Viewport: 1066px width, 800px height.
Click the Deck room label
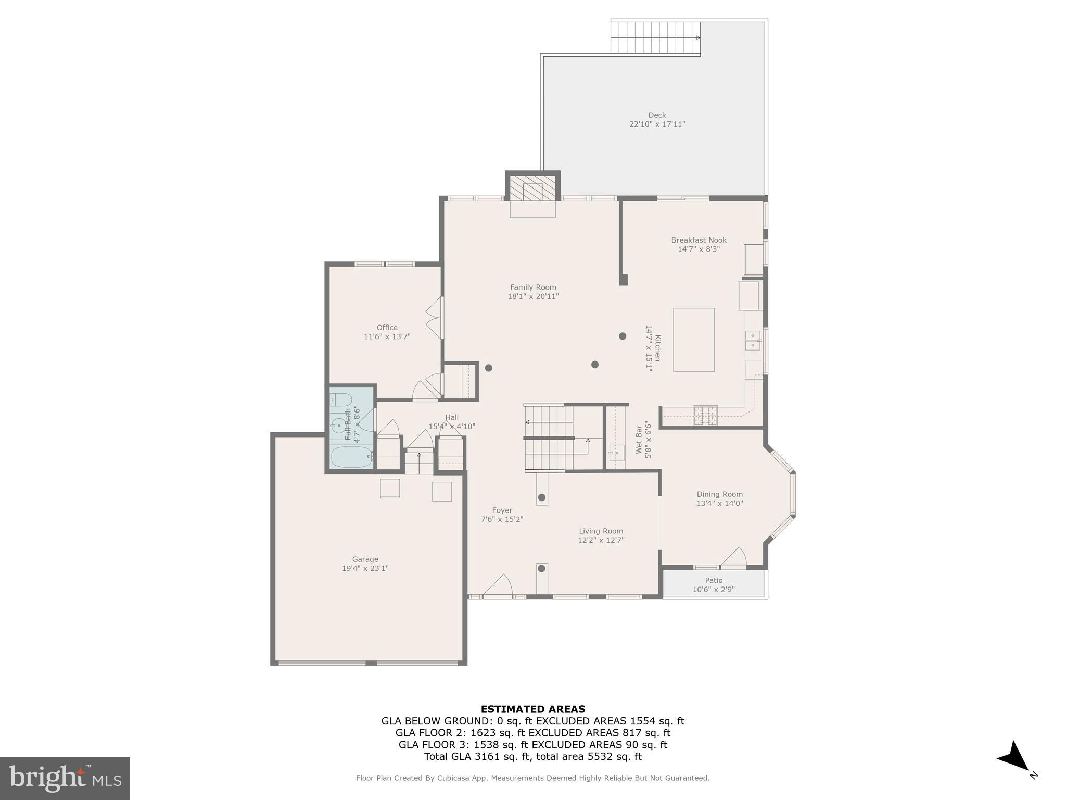[657, 115]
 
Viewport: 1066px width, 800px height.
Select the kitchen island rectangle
[693, 340]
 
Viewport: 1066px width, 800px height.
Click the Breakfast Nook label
[699, 240]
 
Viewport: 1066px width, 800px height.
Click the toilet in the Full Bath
[341, 399]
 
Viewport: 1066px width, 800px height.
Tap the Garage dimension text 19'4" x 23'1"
[365, 568]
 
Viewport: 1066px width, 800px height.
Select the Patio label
[714, 580]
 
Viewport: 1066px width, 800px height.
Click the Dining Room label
[719, 494]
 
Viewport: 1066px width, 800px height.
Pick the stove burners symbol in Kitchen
[705, 415]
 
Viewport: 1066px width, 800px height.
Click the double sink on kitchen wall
[752, 340]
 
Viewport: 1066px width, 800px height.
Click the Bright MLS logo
[65, 778]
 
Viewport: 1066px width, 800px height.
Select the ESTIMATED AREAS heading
[532, 709]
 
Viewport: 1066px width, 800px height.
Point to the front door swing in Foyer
[498, 585]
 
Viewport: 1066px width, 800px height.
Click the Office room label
[387, 328]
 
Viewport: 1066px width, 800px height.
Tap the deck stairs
[655, 37]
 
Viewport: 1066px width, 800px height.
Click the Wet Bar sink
[616, 453]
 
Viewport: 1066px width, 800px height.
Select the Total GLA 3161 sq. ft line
[532, 757]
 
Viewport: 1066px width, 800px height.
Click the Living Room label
[601, 531]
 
